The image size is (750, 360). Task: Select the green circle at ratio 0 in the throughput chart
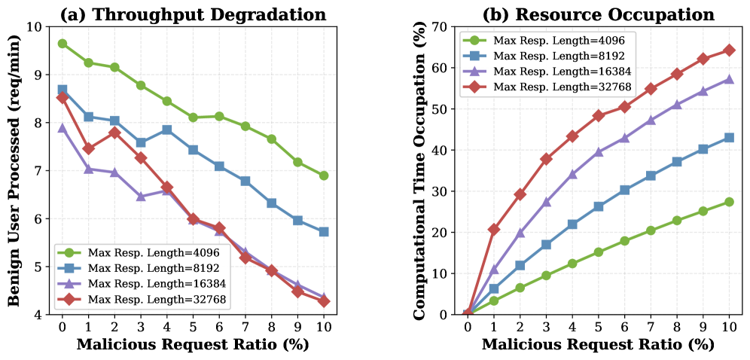click(62, 44)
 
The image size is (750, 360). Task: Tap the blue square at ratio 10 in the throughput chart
click(324, 232)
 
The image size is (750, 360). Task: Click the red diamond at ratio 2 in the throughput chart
click(114, 133)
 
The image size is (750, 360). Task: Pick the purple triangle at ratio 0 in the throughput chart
click(62, 128)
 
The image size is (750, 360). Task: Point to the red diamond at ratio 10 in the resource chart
click(729, 50)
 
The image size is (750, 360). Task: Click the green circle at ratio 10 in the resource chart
click(729, 202)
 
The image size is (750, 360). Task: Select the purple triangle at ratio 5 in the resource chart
click(598, 152)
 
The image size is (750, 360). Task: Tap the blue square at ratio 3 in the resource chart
click(546, 245)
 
